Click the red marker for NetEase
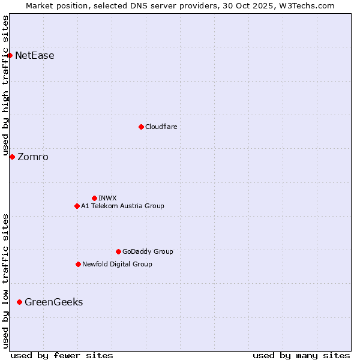pyautogui.click(x=10, y=56)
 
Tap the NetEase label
pyautogui.click(x=35, y=56)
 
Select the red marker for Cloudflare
pyautogui.click(x=141, y=127)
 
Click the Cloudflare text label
pyautogui.click(x=161, y=127)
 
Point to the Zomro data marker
pyautogui.click(x=12, y=157)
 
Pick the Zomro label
pyautogui.click(x=33, y=157)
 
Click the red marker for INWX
pyautogui.click(x=94, y=198)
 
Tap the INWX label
pyautogui.click(x=107, y=198)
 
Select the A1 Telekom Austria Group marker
pyautogui.click(x=77, y=206)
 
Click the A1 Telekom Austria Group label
pyautogui.click(x=122, y=206)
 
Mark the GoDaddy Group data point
pyautogui.click(x=118, y=251)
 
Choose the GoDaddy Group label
pyautogui.click(x=148, y=251)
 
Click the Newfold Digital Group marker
pyautogui.click(x=78, y=264)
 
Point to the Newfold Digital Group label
pyautogui.click(x=117, y=264)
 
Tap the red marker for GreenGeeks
pyautogui.click(x=19, y=302)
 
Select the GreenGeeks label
pyautogui.click(x=54, y=302)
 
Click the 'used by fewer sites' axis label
pyautogui.click(x=62, y=355)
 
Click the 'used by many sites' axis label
pyautogui.click(x=301, y=355)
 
